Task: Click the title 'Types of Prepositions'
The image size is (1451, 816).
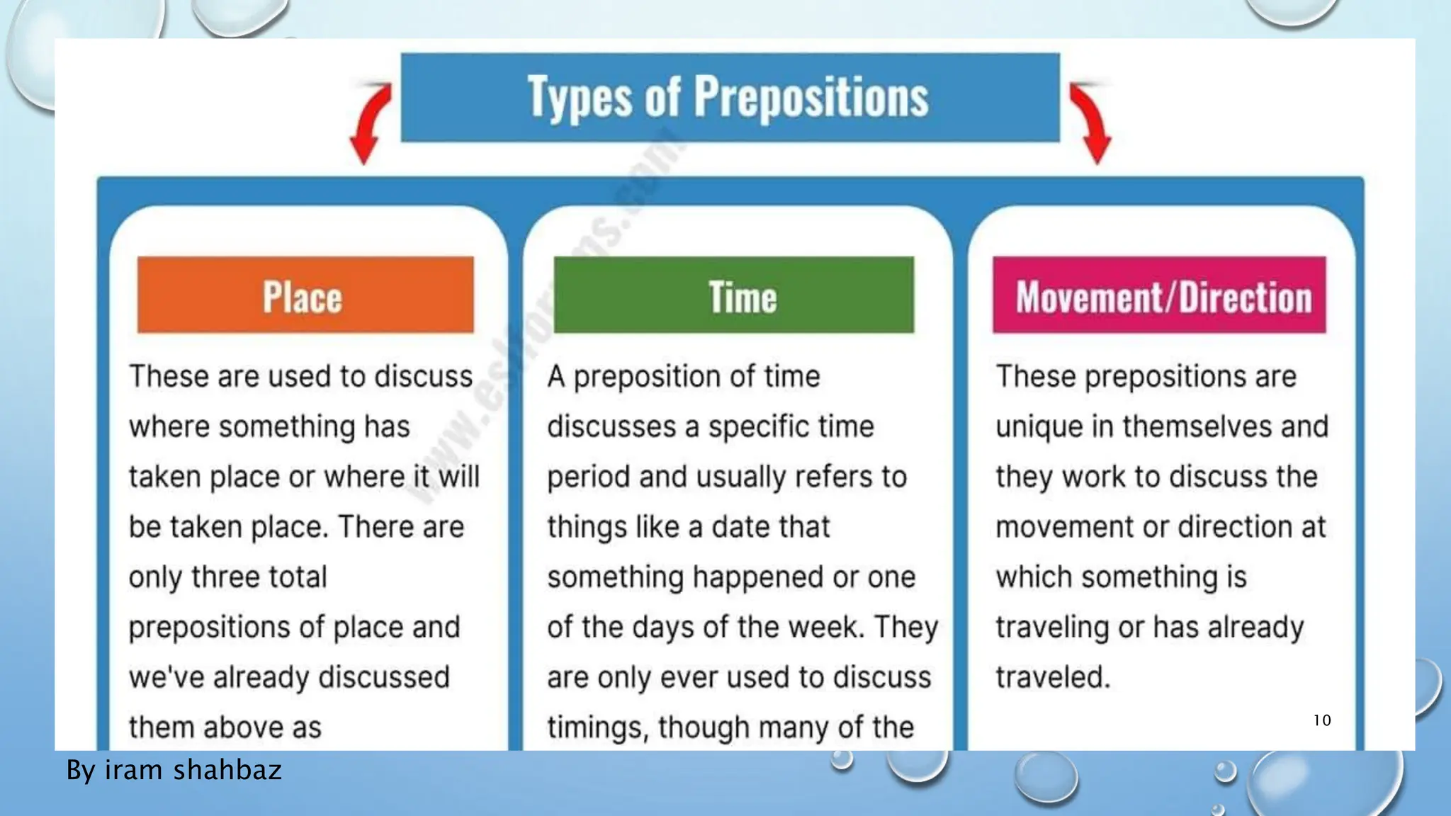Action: pyautogui.click(x=728, y=97)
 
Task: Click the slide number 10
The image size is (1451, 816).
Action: pyautogui.click(x=1322, y=720)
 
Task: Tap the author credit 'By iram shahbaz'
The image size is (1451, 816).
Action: pyautogui.click(x=174, y=770)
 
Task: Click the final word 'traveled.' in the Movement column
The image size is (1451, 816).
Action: pyautogui.click(x=1053, y=677)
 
